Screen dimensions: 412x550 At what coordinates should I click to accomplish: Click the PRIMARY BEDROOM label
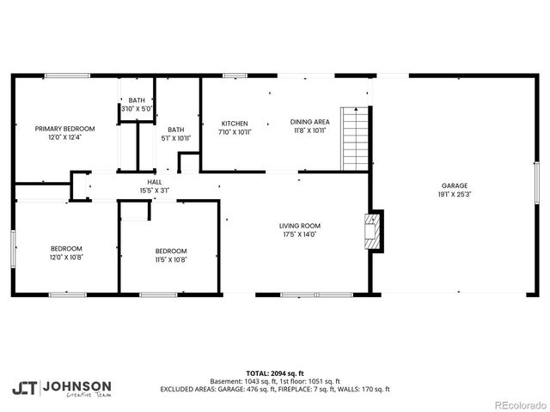pyautogui.click(x=64, y=128)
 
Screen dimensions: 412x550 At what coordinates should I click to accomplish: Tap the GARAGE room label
pyautogui.click(x=455, y=185)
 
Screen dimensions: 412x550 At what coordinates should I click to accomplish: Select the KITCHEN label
pyautogui.click(x=235, y=123)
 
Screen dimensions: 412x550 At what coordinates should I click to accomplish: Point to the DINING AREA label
pyautogui.click(x=309, y=122)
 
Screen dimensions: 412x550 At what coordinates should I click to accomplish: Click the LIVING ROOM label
pyautogui.click(x=301, y=226)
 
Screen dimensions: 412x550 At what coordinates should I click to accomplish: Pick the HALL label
pyautogui.click(x=155, y=182)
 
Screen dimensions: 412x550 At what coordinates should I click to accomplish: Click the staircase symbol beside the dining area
pyautogui.click(x=354, y=139)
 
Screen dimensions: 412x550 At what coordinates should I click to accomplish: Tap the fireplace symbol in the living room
pyautogui.click(x=372, y=231)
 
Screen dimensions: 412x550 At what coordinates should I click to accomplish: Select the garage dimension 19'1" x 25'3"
pyautogui.click(x=455, y=194)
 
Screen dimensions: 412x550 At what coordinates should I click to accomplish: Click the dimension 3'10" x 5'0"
pyautogui.click(x=137, y=109)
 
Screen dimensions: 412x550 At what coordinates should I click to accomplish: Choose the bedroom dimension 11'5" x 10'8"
pyautogui.click(x=169, y=259)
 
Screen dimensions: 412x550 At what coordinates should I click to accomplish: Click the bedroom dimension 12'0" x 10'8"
pyautogui.click(x=66, y=257)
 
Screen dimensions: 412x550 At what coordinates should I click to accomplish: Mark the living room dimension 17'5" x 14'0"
pyautogui.click(x=301, y=234)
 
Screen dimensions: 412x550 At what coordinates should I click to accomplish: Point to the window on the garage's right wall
pyautogui.click(x=535, y=185)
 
